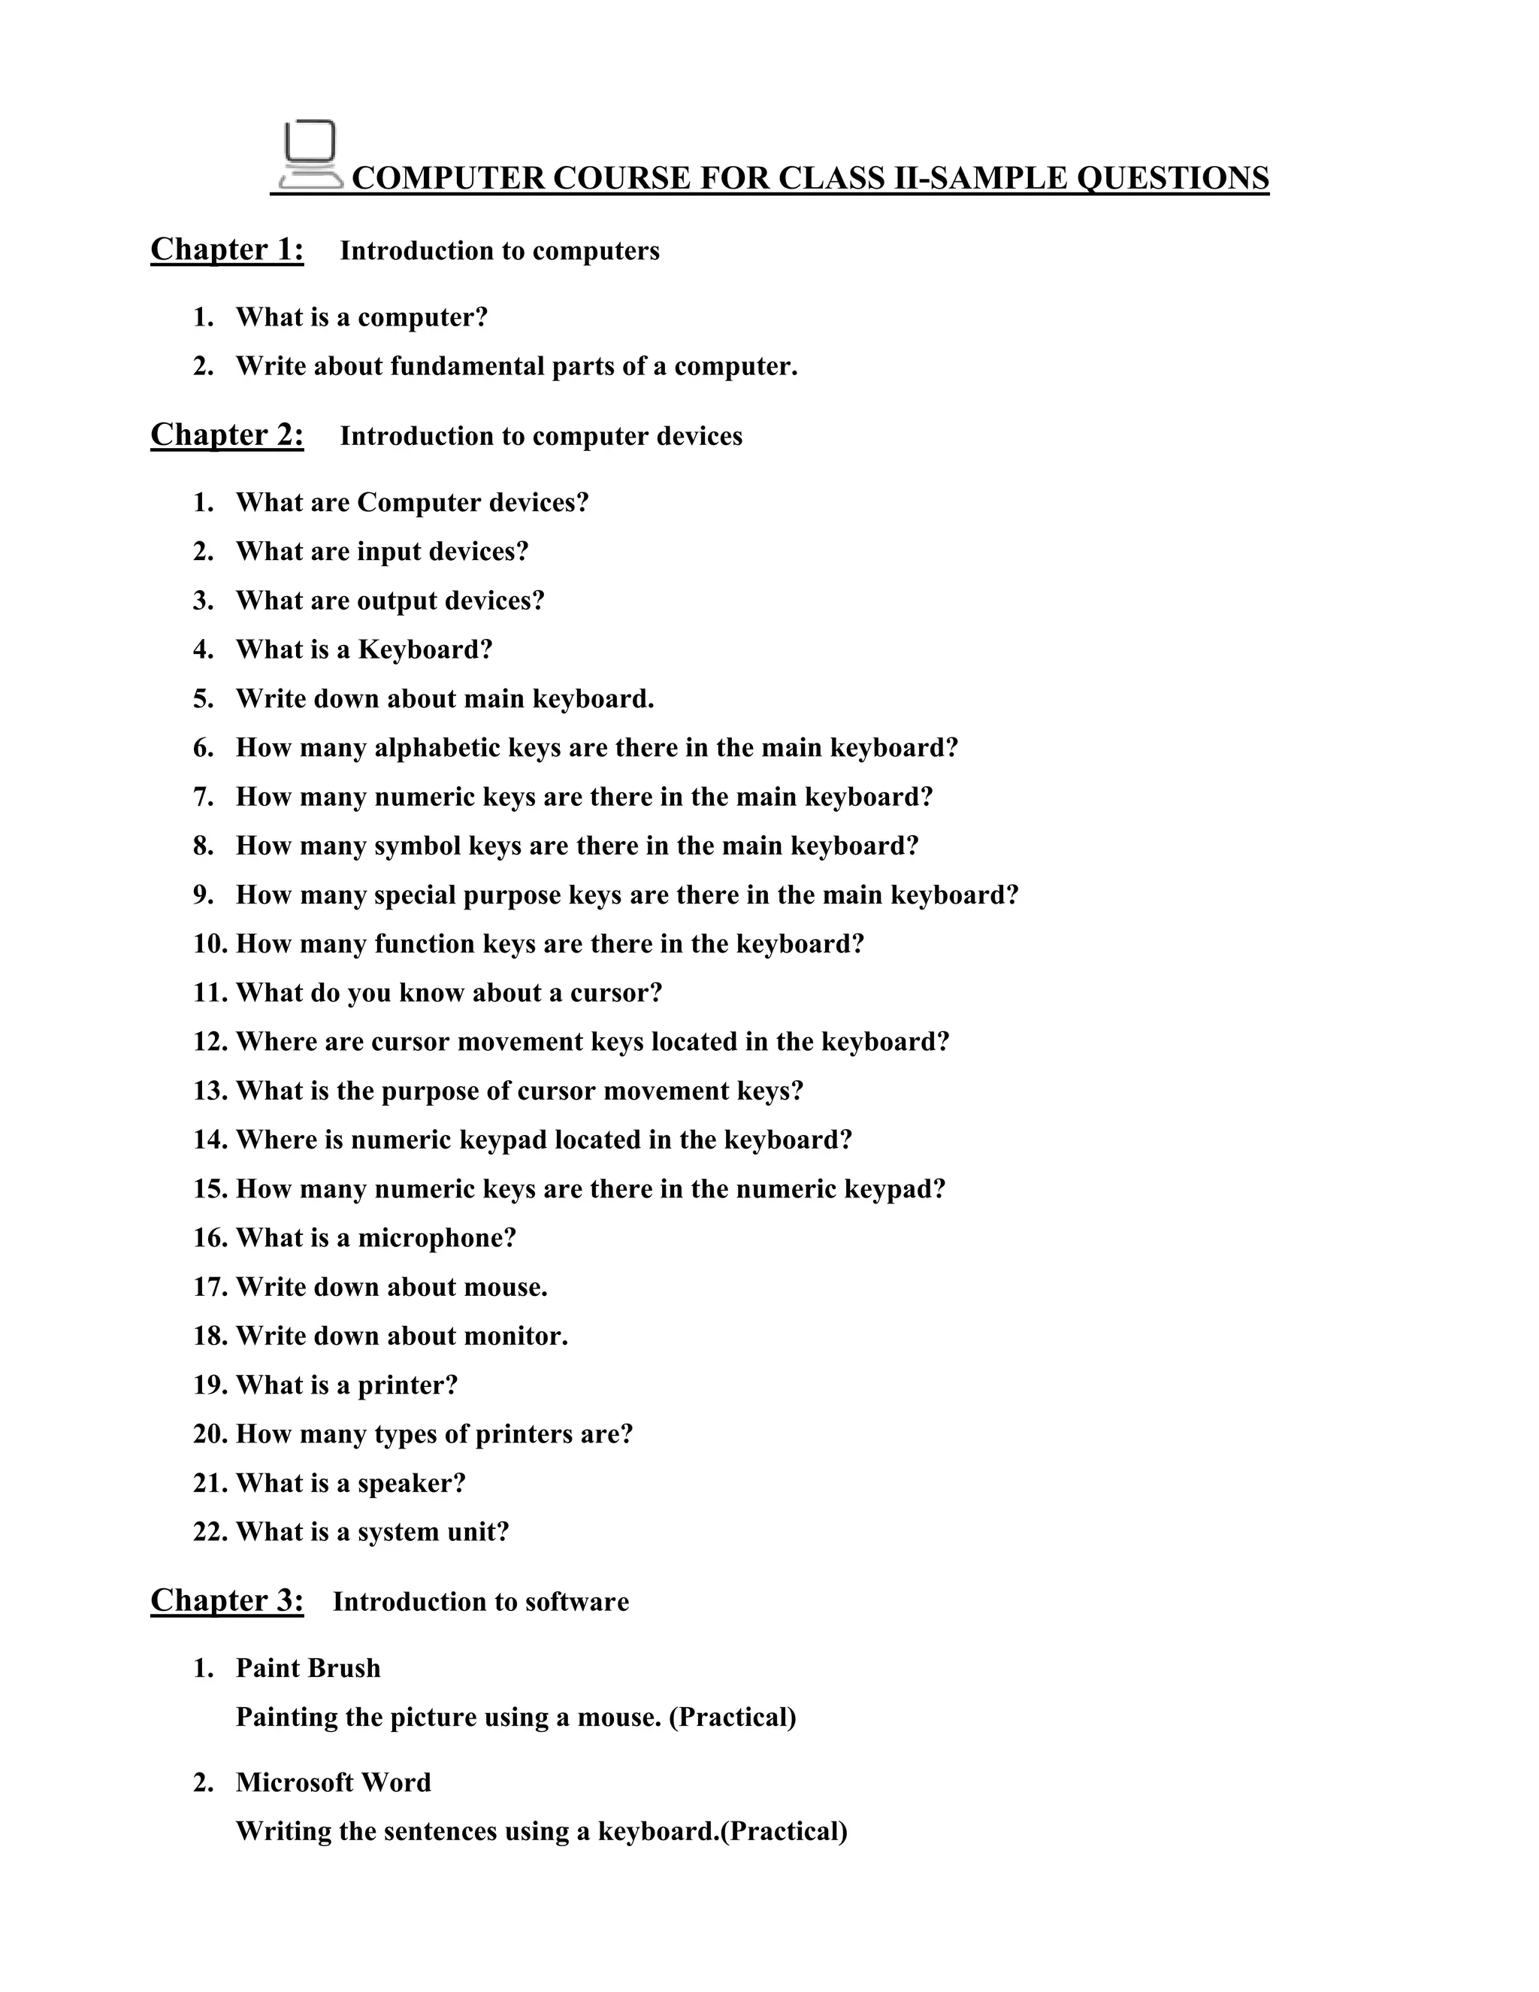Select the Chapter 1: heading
[227, 250]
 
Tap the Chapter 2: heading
[227, 435]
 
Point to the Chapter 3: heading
[227, 1600]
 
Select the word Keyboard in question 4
[425, 649]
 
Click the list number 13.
[210, 1091]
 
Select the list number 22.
[210, 1532]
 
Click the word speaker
[410, 1484]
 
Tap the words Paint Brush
[308, 1668]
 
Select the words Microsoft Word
[334, 1782]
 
